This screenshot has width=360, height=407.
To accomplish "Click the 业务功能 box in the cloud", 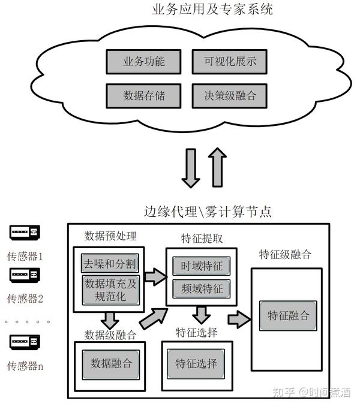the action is point(143,62).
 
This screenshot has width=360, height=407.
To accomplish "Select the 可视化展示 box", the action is point(230,62).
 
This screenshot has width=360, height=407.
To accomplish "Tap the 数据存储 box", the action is point(143,96).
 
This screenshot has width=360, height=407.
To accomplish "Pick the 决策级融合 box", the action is point(230,96).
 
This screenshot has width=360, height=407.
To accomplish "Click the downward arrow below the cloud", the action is point(191,168).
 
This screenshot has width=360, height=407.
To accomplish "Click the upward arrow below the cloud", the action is point(217,167).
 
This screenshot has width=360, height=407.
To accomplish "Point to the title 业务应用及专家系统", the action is point(212,10).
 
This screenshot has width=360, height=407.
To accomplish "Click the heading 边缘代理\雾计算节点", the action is point(208,212).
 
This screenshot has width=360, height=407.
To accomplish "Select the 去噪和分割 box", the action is point(110,263).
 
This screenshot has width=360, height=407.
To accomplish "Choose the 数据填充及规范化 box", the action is point(110,290).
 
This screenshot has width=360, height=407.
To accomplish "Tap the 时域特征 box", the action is point(202,266).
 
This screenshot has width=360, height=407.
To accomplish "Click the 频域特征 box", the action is point(202,289).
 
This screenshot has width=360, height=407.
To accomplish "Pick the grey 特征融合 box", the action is point(288,316).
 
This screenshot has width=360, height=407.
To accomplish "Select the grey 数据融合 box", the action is point(111,364).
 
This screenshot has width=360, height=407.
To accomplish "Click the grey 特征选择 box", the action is point(196,364).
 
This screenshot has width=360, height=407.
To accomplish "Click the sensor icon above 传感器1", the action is point(25,233).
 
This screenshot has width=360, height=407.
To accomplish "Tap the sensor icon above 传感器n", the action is point(25,342).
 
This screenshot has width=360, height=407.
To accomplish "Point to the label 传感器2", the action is point(25,299).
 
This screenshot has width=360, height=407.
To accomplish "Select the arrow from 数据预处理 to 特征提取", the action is point(155,277).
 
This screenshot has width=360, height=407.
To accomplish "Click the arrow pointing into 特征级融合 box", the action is point(239,319).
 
